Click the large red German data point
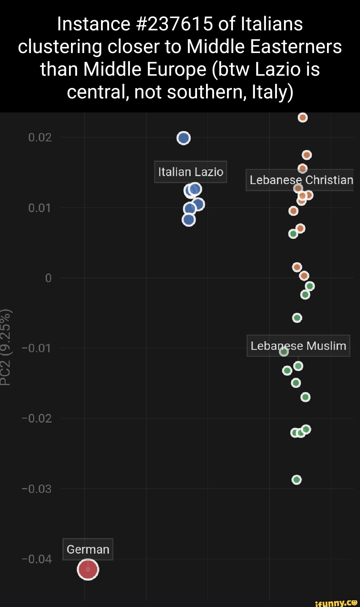[x=88, y=569]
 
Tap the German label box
[x=88, y=549]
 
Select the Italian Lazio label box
[x=191, y=172]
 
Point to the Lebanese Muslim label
[x=298, y=346]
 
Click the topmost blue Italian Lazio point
[x=184, y=138]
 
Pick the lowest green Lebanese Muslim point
[x=297, y=480]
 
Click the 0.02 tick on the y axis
[x=40, y=137]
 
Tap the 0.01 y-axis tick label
[x=40, y=208]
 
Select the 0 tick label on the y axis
[x=48, y=278]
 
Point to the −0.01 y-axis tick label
[x=37, y=348]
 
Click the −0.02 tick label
[x=37, y=418]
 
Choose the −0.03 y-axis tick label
[x=37, y=489]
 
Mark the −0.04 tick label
[x=37, y=559]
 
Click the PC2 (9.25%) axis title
[x=6, y=347]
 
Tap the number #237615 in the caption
[x=175, y=24]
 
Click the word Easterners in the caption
[x=296, y=47]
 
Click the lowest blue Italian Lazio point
[x=189, y=220]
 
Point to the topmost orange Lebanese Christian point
[x=303, y=117]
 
